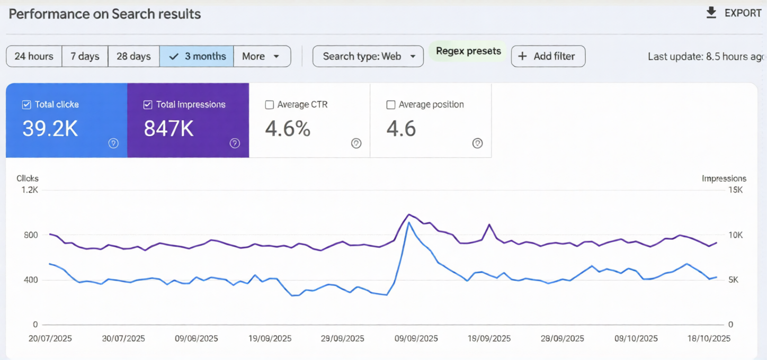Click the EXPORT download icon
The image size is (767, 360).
pyautogui.click(x=711, y=13)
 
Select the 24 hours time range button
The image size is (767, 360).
pyautogui.click(x=34, y=56)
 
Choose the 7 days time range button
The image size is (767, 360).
pyautogui.click(x=85, y=56)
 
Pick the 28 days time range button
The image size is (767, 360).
pyautogui.click(x=133, y=56)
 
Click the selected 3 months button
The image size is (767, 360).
pyautogui.click(x=197, y=56)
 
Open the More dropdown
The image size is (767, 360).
pyautogui.click(x=262, y=56)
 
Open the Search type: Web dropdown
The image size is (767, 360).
pyautogui.click(x=368, y=56)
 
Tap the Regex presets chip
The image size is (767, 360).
pyautogui.click(x=468, y=51)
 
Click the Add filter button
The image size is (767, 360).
pyautogui.click(x=548, y=56)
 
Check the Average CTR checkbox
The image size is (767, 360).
pyautogui.click(x=269, y=105)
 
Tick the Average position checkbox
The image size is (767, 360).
pyautogui.click(x=391, y=105)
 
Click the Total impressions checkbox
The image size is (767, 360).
pyautogui.click(x=148, y=105)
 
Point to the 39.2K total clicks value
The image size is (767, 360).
pyautogui.click(x=51, y=129)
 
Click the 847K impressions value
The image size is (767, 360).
pyautogui.click(x=168, y=129)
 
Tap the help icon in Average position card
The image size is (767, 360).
pyautogui.click(x=477, y=143)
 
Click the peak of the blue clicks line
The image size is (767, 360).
pyautogui.click(x=408, y=222)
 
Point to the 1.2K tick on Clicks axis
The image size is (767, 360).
pyautogui.click(x=29, y=190)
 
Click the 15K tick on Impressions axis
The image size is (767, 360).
pyautogui.click(x=735, y=190)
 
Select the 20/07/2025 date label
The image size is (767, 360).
pyautogui.click(x=50, y=339)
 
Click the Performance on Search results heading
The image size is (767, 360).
pyautogui.click(x=105, y=14)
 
